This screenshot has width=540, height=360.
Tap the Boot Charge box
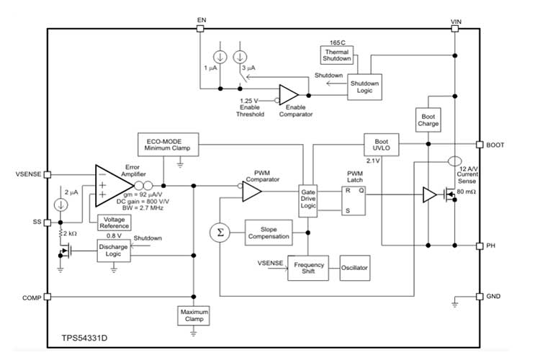pos(428,119)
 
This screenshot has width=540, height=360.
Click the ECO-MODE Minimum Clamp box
pos(168,143)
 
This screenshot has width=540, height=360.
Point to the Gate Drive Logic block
pos(309,199)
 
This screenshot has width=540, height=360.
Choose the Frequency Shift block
pos(309,268)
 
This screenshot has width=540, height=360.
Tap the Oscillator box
pos(354,268)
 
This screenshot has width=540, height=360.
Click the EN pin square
pos(200,29)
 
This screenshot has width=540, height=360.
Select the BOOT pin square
pos(479,144)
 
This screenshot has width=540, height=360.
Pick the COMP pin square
pos(48,297)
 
